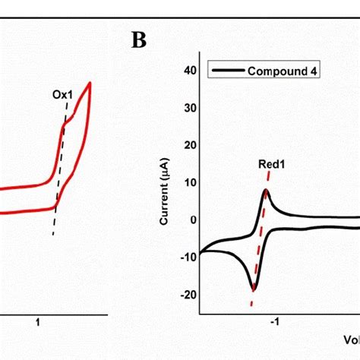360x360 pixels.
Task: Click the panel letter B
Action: pyautogui.click(x=138, y=41)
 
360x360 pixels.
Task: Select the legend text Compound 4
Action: pyautogui.click(x=276, y=71)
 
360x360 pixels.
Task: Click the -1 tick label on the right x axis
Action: pyautogui.click(x=276, y=322)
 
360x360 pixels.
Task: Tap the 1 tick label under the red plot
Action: pyautogui.click(x=38, y=322)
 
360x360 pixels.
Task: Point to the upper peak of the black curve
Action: pyautogui.click(x=267, y=190)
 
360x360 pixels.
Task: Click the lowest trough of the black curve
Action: pyautogui.click(x=254, y=289)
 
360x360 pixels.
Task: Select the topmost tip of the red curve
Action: pyautogui.click(x=90, y=82)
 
